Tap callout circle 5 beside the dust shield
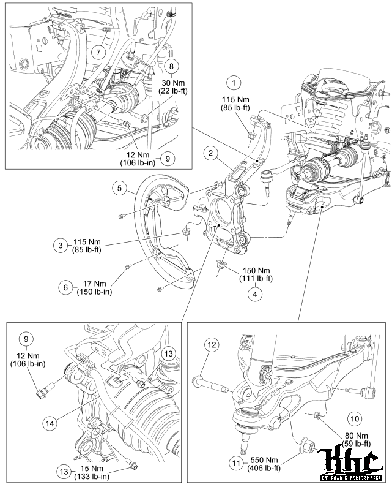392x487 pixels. (122, 188)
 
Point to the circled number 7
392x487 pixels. (98, 52)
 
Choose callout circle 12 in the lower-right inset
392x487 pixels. (211, 346)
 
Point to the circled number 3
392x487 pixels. (60, 246)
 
